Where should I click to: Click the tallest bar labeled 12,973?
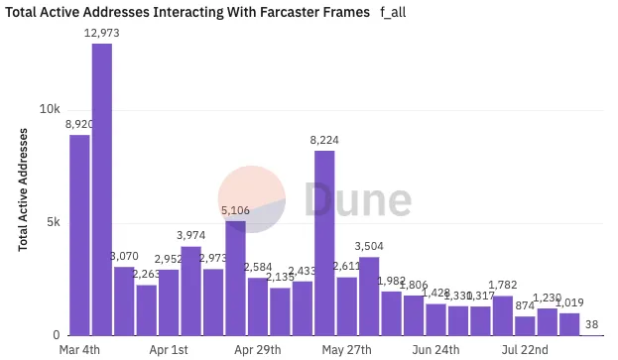pyautogui.click(x=102, y=188)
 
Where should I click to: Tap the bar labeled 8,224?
pyautogui.click(x=324, y=242)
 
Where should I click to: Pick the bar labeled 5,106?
pyautogui.click(x=235, y=278)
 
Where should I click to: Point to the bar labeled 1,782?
pyautogui.click(x=503, y=315)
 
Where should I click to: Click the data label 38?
pyautogui.click(x=591, y=323)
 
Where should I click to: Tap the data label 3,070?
pyautogui.click(x=124, y=257)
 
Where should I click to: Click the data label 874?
pyautogui.click(x=525, y=306)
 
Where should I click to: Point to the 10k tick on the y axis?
pyautogui.click(x=51, y=109)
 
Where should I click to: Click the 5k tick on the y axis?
pyautogui.click(x=54, y=222)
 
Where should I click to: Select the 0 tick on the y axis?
pyautogui.click(x=58, y=335)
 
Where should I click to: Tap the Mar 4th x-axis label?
pyautogui.click(x=79, y=350)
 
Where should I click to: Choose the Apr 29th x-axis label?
pyautogui.click(x=257, y=350)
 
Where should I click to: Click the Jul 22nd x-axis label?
pyautogui.click(x=525, y=350)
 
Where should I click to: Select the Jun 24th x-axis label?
pyautogui.click(x=435, y=350)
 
